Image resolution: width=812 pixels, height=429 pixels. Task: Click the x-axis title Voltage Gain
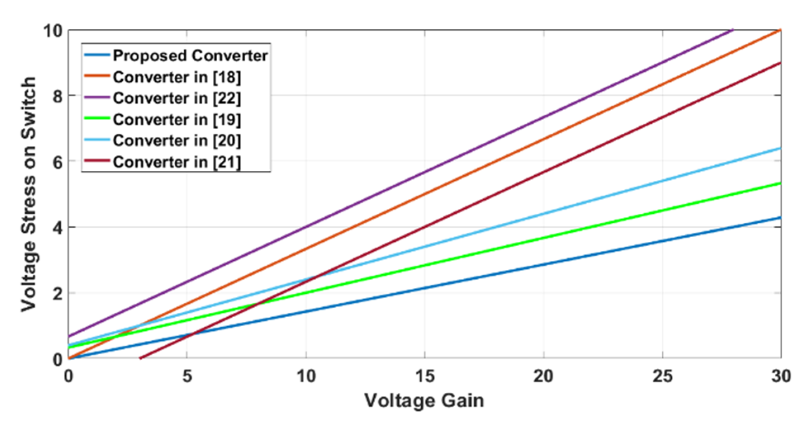pyautogui.click(x=424, y=401)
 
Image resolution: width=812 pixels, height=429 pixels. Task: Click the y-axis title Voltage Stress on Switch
pyautogui.click(x=29, y=194)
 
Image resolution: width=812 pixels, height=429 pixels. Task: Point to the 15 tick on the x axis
pyautogui.click(x=425, y=376)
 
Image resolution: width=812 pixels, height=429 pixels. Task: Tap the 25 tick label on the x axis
pyautogui.click(x=662, y=376)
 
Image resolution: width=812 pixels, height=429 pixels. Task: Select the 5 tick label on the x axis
pyautogui.click(x=187, y=376)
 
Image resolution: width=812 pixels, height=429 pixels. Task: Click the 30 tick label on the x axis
pyautogui.click(x=781, y=376)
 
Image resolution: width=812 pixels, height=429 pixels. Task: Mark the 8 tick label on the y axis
pyautogui.click(x=57, y=96)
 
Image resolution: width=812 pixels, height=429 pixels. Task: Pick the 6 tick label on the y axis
pyautogui.click(x=57, y=162)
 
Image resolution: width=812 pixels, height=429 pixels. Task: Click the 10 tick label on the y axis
pyautogui.click(x=53, y=31)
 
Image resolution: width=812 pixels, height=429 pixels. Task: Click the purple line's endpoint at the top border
pyautogui.click(x=733, y=30)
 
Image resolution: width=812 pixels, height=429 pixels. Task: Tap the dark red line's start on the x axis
pyautogui.click(x=140, y=358)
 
